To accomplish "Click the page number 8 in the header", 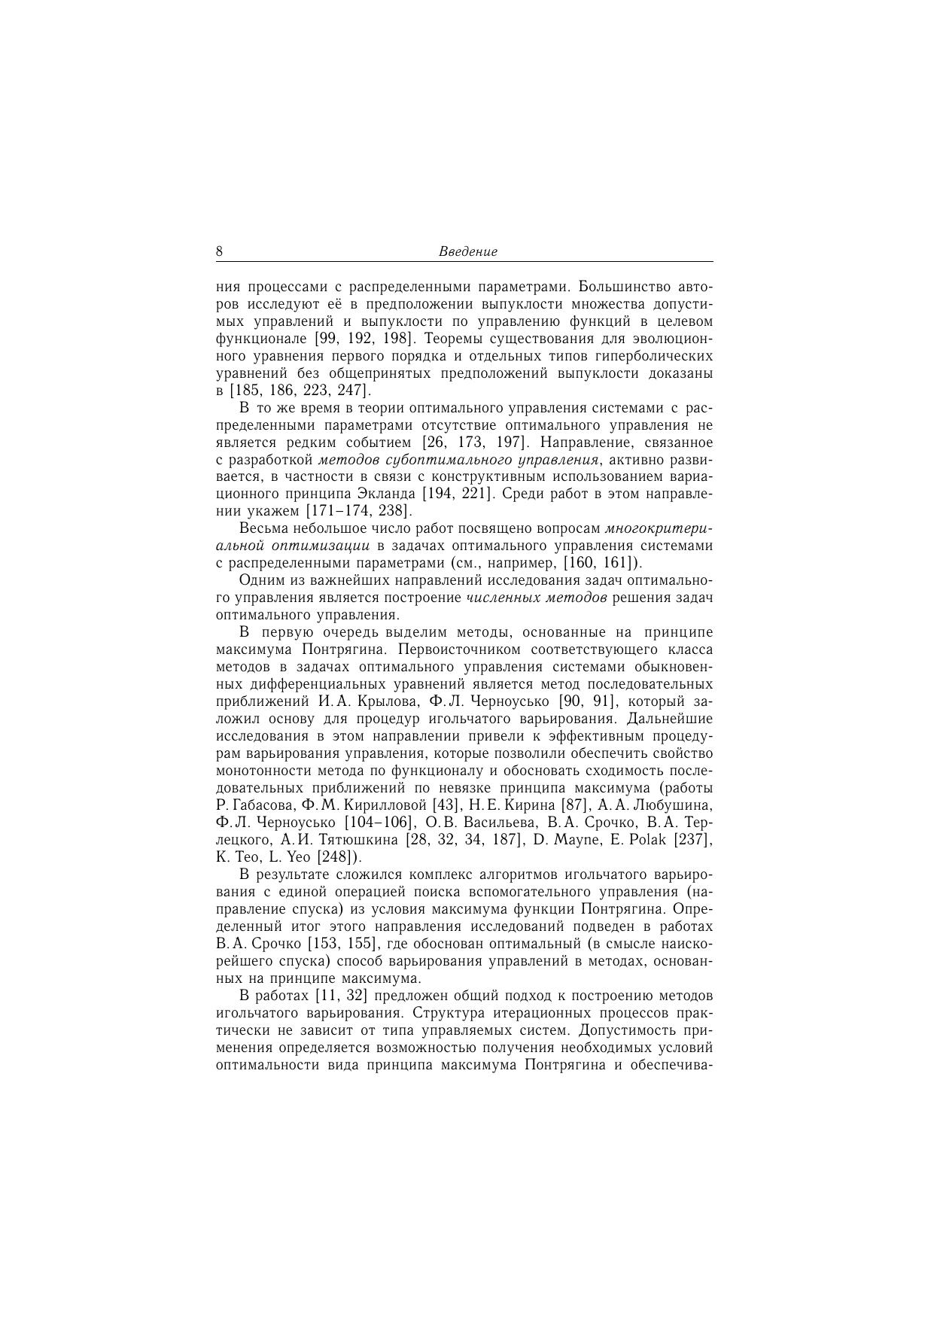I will [219, 251].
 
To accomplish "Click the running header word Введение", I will [467, 252].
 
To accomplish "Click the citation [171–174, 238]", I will [358, 511].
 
